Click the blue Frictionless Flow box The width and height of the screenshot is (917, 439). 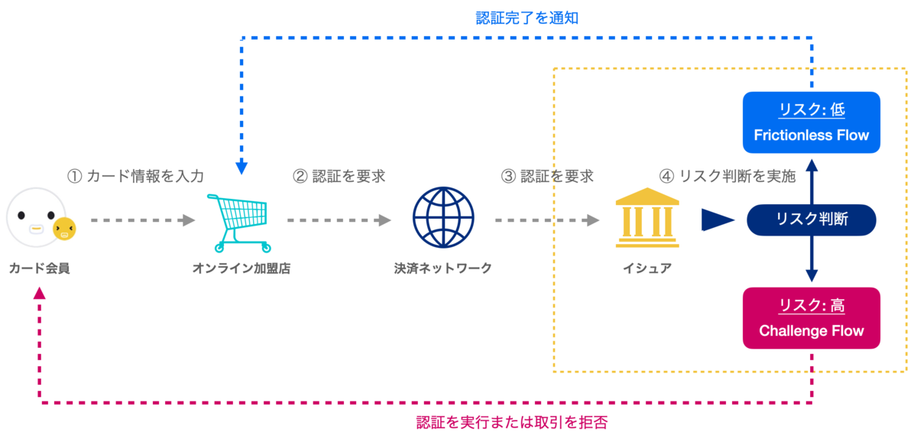tap(811, 122)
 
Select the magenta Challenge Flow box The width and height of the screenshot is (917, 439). tap(811, 318)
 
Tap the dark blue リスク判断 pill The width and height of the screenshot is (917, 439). tap(811, 220)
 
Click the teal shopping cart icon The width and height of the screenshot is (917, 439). tap(239, 223)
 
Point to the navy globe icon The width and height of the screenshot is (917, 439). tap(443, 217)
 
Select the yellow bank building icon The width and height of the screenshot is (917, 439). tap(647, 217)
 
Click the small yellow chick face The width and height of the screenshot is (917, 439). tap(64, 229)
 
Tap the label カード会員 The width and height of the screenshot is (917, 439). tap(39, 268)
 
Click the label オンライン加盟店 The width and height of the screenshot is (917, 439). tap(241, 268)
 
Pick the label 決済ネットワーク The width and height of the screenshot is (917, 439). tap(443, 268)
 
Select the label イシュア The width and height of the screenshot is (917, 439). tap(647, 268)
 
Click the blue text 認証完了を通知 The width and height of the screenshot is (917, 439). tap(527, 18)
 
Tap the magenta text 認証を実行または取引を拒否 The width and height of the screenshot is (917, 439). tap(512, 423)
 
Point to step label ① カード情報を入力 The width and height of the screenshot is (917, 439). tap(135, 176)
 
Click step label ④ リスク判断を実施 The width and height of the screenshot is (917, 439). tap(727, 176)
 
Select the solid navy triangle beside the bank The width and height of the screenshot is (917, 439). tap(718, 219)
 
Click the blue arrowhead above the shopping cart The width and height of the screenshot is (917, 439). tap(241, 167)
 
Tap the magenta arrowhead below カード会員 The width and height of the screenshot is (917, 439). tap(39, 293)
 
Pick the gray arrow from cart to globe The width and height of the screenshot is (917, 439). tap(339, 220)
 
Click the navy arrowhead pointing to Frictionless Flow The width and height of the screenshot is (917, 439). tap(812, 165)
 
